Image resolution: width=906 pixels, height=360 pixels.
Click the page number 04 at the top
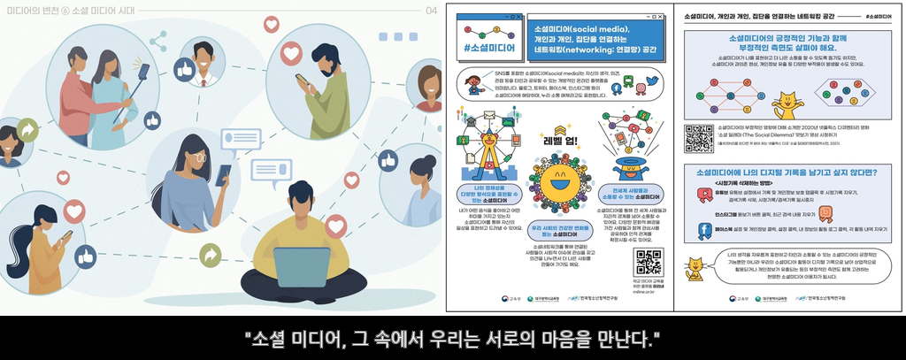click(431, 11)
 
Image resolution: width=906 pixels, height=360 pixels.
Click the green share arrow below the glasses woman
click(211, 256)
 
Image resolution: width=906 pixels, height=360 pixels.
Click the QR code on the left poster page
click(649, 263)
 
